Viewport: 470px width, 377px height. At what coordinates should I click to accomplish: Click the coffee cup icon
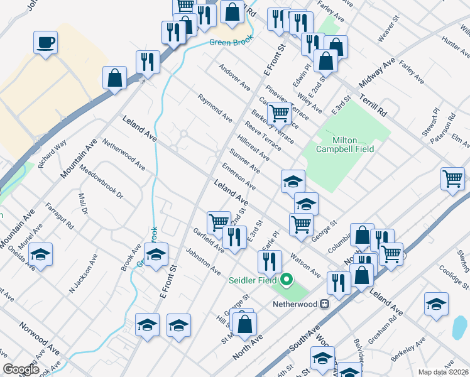(x=45, y=43)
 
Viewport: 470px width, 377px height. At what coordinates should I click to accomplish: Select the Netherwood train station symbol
(x=325, y=303)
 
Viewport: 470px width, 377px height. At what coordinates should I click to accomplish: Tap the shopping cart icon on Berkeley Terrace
(x=278, y=114)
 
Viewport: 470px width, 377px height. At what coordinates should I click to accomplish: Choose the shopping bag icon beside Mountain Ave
(x=116, y=78)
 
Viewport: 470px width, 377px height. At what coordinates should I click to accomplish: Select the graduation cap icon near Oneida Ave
(x=40, y=254)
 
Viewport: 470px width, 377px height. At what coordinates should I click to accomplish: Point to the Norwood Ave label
(x=39, y=336)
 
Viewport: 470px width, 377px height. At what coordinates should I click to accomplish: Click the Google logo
(x=21, y=369)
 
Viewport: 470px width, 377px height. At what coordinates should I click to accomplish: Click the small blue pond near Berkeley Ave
(x=460, y=327)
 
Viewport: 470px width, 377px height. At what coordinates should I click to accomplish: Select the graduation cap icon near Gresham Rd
(x=436, y=303)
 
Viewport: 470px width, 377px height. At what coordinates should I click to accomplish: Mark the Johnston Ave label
(x=202, y=261)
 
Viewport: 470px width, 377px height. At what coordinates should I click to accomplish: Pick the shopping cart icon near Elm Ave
(x=452, y=179)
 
